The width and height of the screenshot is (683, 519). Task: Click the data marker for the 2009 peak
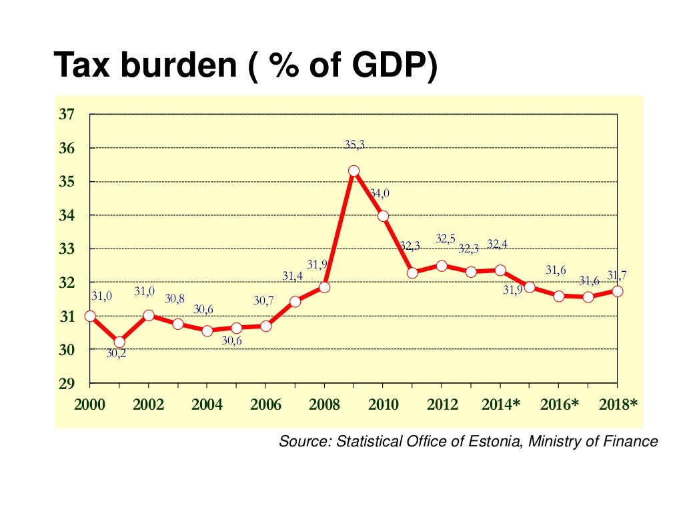click(354, 171)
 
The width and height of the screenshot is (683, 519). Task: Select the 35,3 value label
click(355, 144)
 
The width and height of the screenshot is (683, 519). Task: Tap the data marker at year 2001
click(119, 342)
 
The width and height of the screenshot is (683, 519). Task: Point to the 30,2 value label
click(116, 354)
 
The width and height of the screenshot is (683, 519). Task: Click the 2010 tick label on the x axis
click(384, 404)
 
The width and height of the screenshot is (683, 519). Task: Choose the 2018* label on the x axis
click(618, 404)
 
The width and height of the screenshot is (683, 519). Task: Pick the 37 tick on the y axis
click(66, 115)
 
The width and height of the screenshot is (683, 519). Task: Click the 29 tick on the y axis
click(66, 384)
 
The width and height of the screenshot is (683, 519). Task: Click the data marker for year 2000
click(90, 316)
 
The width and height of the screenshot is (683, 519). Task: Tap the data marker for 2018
click(618, 291)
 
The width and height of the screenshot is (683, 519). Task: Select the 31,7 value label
click(616, 275)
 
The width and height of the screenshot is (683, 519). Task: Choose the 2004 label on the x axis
click(207, 404)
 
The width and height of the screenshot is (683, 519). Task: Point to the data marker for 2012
click(442, 266)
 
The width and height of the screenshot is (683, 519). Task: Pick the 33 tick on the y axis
click(66, 249)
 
